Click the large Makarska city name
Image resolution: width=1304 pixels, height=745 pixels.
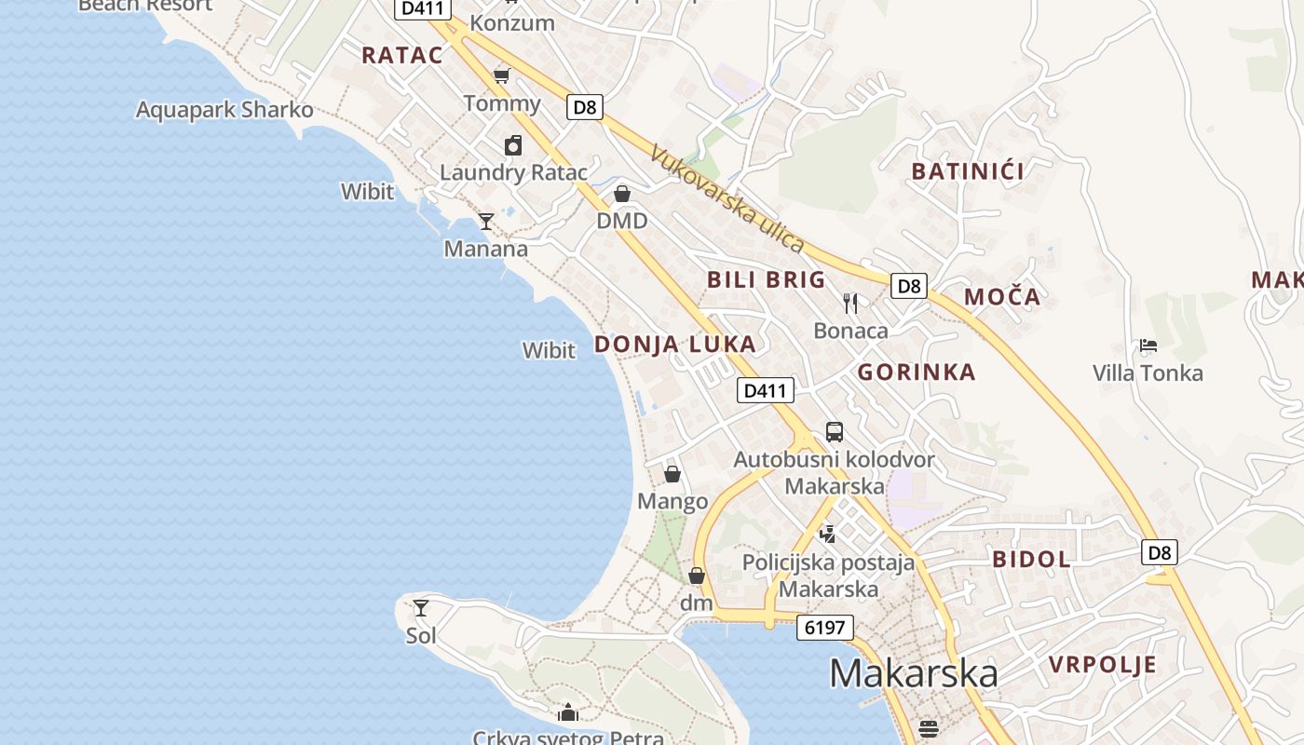click(x=913, y=672)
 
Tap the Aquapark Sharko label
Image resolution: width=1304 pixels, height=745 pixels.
click(x=224, y=110)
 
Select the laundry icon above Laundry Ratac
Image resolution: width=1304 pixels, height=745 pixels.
click(x=513, y=145)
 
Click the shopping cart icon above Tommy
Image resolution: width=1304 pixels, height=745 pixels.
click(x=502, y=75)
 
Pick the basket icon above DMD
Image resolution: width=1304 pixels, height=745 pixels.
click(x=622, y=194)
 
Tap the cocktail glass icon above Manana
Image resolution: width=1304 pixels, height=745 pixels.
click(x=485, y=222)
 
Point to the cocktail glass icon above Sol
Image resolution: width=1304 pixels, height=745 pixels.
click(x=421, y=608)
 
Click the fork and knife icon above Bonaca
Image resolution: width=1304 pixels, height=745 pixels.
click(x=850, y=303)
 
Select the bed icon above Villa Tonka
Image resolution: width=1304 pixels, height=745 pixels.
click(x=1148, y=345)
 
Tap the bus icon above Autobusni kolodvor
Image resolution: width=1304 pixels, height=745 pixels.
click(x=835, y=432)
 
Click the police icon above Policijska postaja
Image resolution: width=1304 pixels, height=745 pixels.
click(x=827, y=534)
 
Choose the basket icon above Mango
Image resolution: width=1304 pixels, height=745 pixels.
click(x=672, y=474)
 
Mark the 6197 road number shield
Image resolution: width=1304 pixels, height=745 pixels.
click(x=825, y=628)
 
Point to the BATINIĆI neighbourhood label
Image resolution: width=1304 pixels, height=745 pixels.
click(x=968, y=171)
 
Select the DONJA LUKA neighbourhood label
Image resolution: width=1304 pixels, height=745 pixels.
click(x=675, y=345)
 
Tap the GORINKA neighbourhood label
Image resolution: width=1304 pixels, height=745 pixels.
click(x=917, y=372)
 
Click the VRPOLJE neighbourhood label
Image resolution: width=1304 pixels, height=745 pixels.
click(x=1103, y=665)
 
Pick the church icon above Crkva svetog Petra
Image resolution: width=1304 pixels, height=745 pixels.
click(x=568, y=713)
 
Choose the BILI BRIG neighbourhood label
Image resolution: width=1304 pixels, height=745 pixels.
click(x=766, y=279)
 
